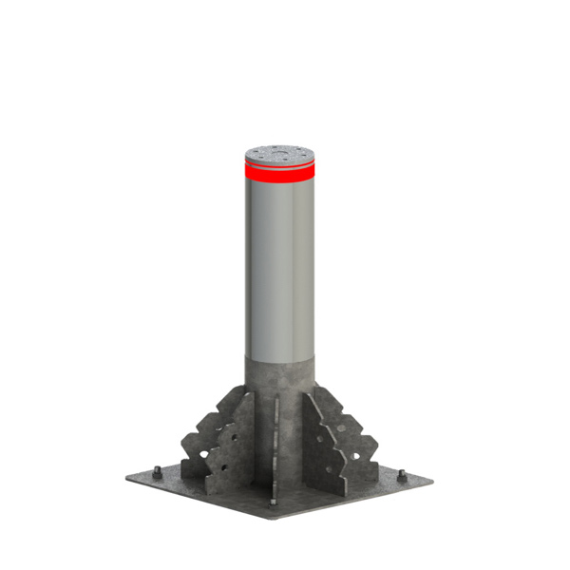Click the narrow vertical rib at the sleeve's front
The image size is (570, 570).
[x=275, y=446]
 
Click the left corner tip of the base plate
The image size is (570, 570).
[x=126, y=475]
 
